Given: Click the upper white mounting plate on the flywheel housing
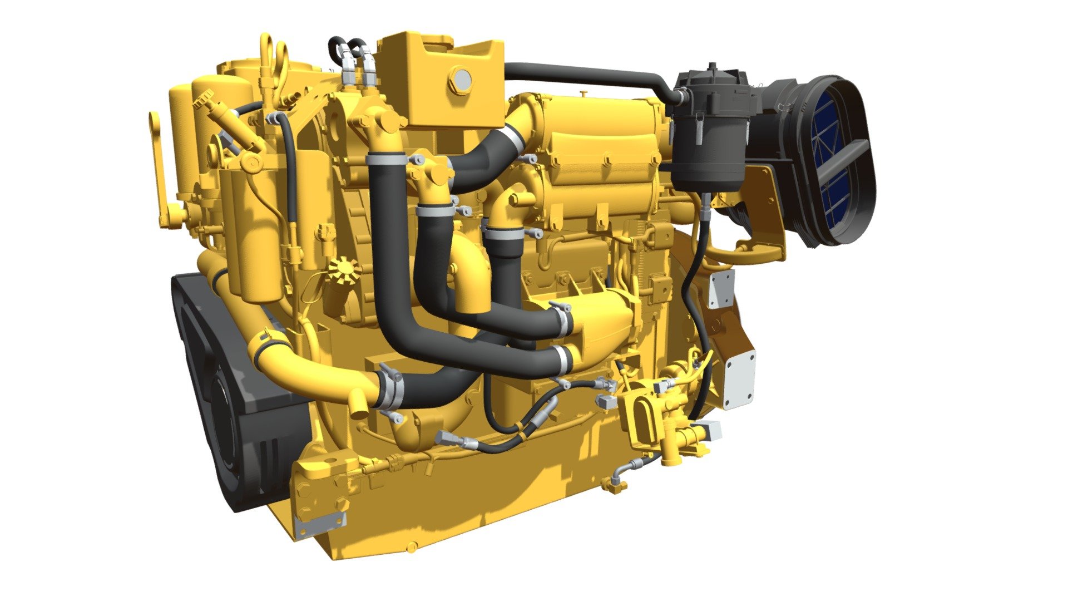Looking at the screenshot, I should coord(721,288).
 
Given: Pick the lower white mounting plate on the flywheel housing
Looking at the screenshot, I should coord(739,378).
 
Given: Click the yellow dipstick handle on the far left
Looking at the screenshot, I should coord(158,167).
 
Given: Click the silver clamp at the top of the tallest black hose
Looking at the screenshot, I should coord(385,160).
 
